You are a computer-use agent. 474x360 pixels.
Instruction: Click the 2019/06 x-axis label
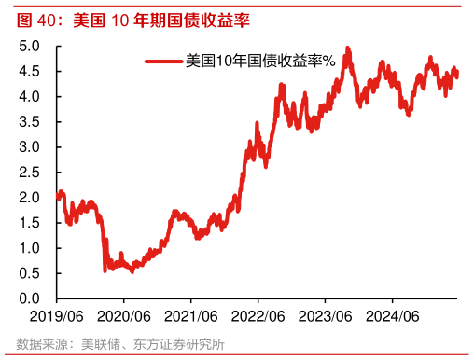(57, 316)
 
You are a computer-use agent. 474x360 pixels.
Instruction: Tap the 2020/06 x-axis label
(124, 316)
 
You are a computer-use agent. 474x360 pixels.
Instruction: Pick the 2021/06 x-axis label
(191, 316)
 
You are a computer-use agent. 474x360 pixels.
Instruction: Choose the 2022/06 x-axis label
(258, 316)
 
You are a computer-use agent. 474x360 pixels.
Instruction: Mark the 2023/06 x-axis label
(326, 316)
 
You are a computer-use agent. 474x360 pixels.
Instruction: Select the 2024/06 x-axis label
(393, 316)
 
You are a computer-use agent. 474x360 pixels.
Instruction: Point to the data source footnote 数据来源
(120, 345)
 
